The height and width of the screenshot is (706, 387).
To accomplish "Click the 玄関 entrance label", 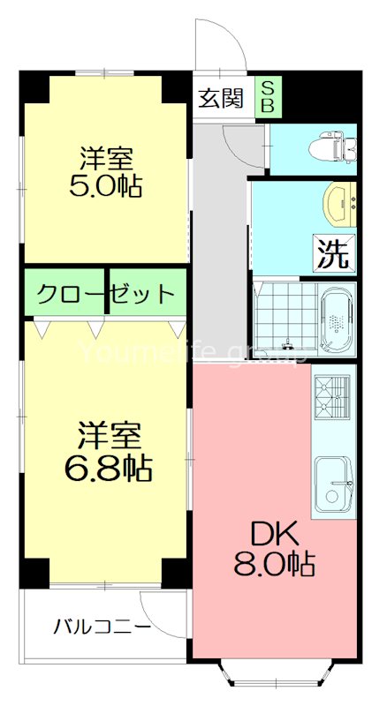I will click(x=220, y=98).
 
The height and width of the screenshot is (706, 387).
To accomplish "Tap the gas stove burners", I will click(x=332, y=394).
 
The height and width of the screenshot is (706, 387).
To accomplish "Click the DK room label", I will click(x=276, y=533).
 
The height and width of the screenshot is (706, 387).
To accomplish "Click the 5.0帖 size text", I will click(x=105, y=188).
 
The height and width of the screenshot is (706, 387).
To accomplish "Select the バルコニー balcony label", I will click(x=100, y=628).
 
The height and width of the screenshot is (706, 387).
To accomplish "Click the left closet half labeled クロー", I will click(x=66, y=293).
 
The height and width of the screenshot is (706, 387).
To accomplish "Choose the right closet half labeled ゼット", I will click(x=146, y=293).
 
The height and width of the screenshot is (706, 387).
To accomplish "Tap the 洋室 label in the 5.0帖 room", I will click(x=105, y=159).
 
